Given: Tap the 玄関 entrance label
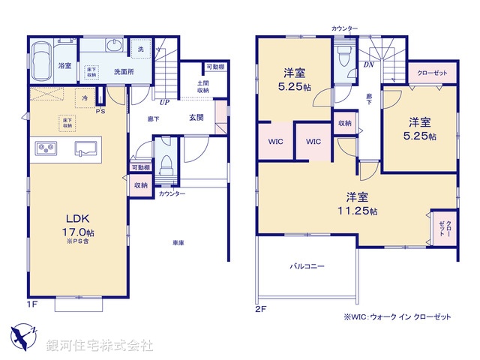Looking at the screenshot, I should pyautogui.click(x=197, y=118).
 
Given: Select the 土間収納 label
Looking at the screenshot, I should pyautogui.click(x=203, y=87).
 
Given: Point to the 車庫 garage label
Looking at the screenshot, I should pyautogui.click(x=178, y=243).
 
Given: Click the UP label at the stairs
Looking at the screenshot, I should pyautogui.click(x=163, y=103).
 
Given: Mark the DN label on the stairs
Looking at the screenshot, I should pyautogui.click(x=368, y=65).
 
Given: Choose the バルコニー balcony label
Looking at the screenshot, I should pyautogui.click(x=307, y=265).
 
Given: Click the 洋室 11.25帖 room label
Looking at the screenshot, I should pyautogui.click(x=357, y=205).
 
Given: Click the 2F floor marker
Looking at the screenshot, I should pyautogui.click(x=260, y=307).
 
